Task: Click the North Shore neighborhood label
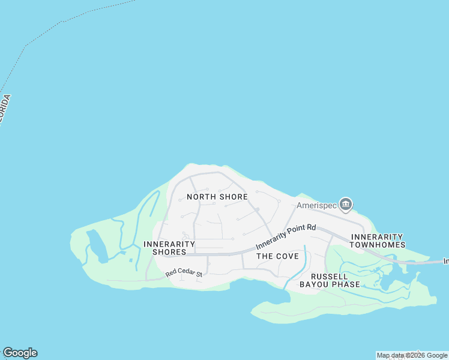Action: coord(217,197)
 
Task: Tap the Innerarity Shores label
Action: coord(169,248)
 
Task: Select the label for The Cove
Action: coord(277,256)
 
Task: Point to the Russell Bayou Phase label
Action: coord(330,280)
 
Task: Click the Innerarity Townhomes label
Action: coord(377,241)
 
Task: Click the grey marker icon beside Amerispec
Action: coord(346,205)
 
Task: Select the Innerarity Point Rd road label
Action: coord(286,236)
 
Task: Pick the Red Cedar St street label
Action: coord(185,273)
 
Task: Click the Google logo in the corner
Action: coord(20,353)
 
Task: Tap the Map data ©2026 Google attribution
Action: coord(412,356)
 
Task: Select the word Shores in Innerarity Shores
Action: coord(169,253)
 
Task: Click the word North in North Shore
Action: coord(200,197)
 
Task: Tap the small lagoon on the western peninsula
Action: coord(96,247)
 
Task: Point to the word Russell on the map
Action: coord(330,276)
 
